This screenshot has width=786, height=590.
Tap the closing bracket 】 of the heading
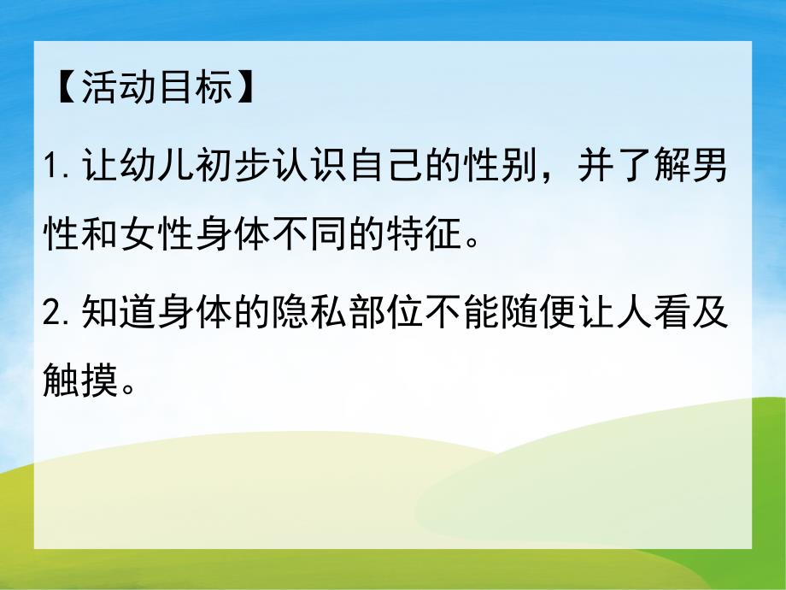[x=246, y=88]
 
